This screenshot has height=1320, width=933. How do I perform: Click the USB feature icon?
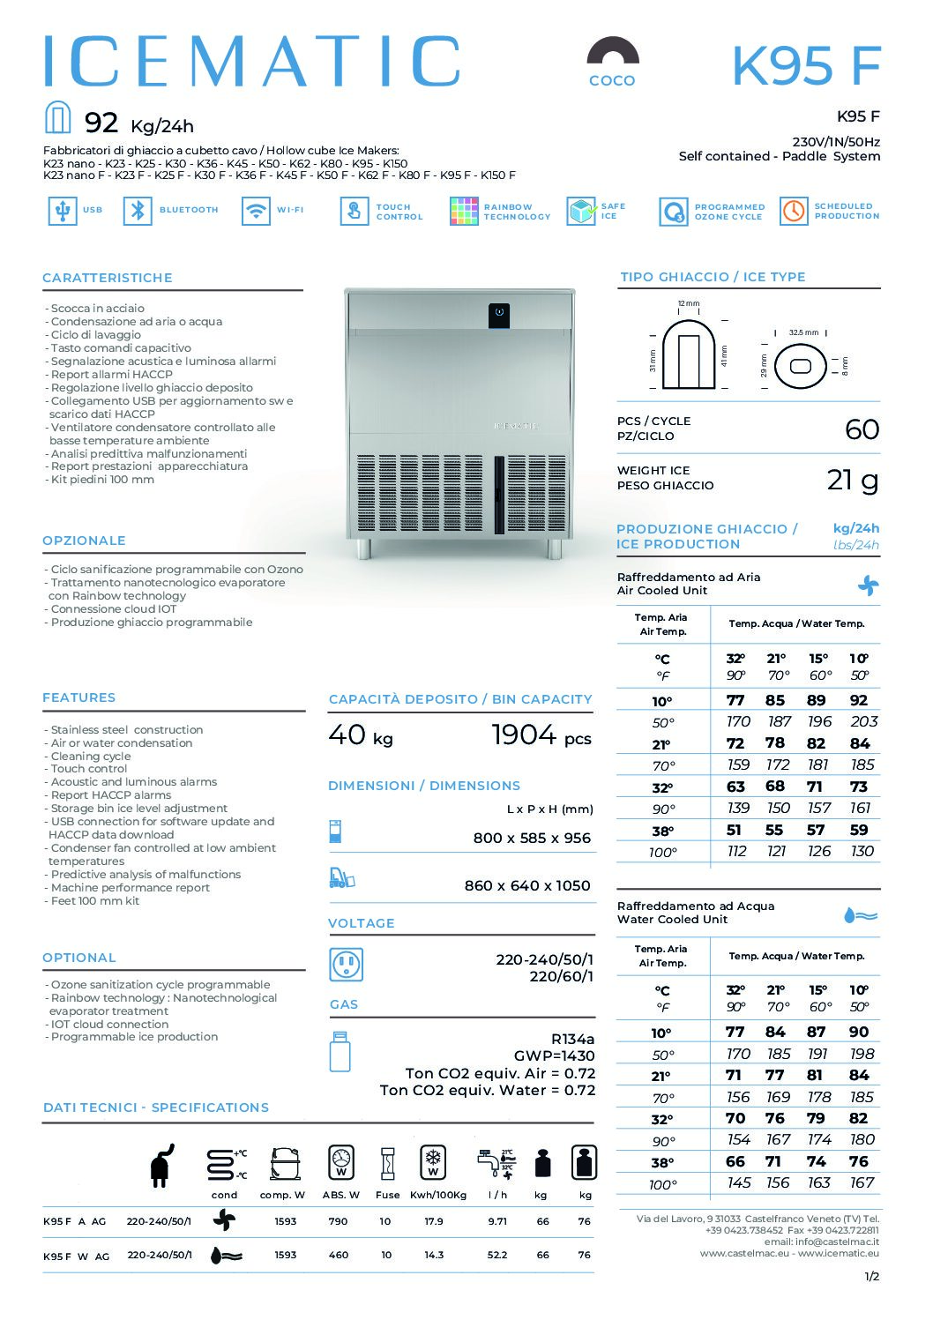pyautogui.click(x=62, y=211)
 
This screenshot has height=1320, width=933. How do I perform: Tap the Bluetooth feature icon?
pyautogui.click(x=138, y=211)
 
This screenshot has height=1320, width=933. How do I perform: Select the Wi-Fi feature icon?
pyautogui.click(x=256, y=211)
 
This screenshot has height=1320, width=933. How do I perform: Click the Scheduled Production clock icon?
pyautogui.click(x=794, y=211)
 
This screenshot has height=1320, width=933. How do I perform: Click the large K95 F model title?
pyautogui.click(x=806, y=65)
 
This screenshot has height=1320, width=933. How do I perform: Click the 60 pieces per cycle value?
pyautogui.click(x=862, y=429)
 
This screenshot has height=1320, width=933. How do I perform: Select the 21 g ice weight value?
pyautogui.click(x=853, y=480)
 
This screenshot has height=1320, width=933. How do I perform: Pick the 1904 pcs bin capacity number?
pyautogui.click(x=524, y=735)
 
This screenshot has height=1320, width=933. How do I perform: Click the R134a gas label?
pyautogui.click(x=572, y=1039)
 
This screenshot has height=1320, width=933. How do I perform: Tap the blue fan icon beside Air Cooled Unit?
pyautogui.click(x=868, y=585)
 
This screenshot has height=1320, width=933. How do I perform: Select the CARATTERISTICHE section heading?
pyautogui.click(x=108, y=278)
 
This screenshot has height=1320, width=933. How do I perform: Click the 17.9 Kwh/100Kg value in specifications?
pyautogui.click(x=434, y=1222)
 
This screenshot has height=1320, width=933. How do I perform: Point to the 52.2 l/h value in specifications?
pyautogui.click(x=497, y=1255)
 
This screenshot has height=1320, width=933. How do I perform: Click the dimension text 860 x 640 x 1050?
pyautogui.click(x=527, y=885)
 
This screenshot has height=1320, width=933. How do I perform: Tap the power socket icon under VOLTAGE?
pyautogui.click(x=346, y=965)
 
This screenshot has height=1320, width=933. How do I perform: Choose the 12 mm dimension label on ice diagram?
pyautogui.click(x=688, y=303)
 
